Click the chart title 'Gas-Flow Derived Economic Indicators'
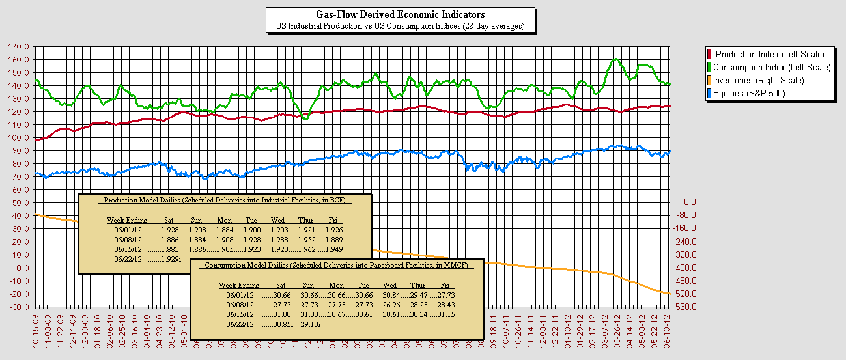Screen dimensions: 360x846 point(400,14)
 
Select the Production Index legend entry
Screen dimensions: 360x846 point(769,54)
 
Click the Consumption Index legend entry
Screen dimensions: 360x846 point(772,67)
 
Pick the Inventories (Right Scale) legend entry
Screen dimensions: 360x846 point(758,80)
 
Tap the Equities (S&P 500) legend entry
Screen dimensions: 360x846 point(749,93)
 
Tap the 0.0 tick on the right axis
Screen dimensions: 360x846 point(689,202)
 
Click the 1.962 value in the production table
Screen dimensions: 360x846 point(307,249)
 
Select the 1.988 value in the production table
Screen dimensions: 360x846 point(281,240)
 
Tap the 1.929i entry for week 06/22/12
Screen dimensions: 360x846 point(171,259)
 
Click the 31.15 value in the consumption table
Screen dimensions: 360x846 point(447,314)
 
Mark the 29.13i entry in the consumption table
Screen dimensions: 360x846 point(310,324)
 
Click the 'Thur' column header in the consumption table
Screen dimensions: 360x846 point(417,285)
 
